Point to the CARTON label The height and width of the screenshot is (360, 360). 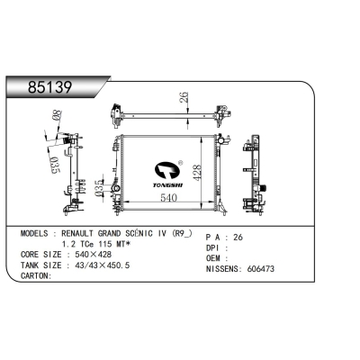pyautogui.click(x=37, y=276)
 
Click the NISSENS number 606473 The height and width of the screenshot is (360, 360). pyautogui.click(x=286, y=267)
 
